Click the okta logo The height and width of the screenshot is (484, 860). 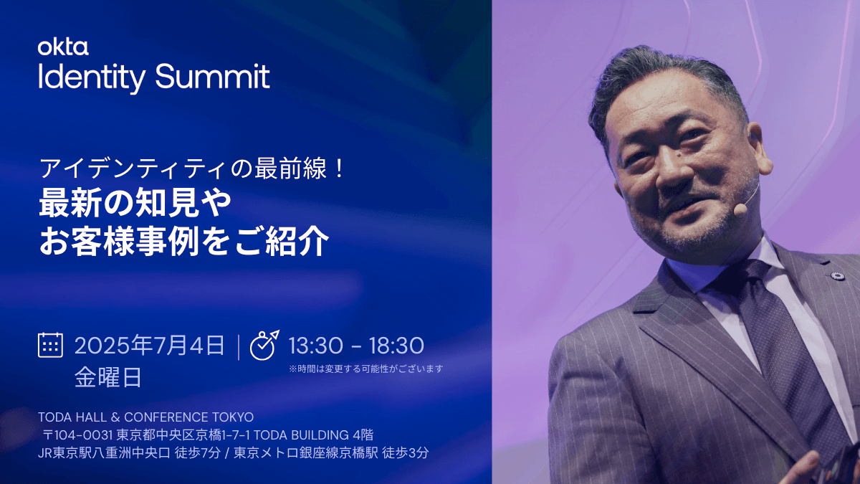point(63,47)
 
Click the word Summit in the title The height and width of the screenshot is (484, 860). point(212,76)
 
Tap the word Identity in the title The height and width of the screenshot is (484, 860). point(92,79)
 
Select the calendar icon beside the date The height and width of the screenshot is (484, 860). point(50,345)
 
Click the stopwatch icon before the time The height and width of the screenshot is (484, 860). point(264,345)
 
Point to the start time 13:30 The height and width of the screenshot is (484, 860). point(315,346)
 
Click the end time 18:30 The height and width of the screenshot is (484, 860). point(396,346)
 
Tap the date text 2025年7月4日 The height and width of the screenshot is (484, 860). point(149,345)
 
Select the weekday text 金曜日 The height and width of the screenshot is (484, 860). point(108,377)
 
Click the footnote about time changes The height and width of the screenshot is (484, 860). point(366,369)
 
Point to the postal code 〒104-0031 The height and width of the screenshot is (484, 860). point(78,435)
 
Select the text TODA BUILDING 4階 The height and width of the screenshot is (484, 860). point(314,435)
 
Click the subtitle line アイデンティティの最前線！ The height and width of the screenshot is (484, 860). point(192,169)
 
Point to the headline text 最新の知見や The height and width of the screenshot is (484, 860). point(135,202)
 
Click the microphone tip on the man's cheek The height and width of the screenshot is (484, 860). point(740,209)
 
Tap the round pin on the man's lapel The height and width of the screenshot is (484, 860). point(837,276)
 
